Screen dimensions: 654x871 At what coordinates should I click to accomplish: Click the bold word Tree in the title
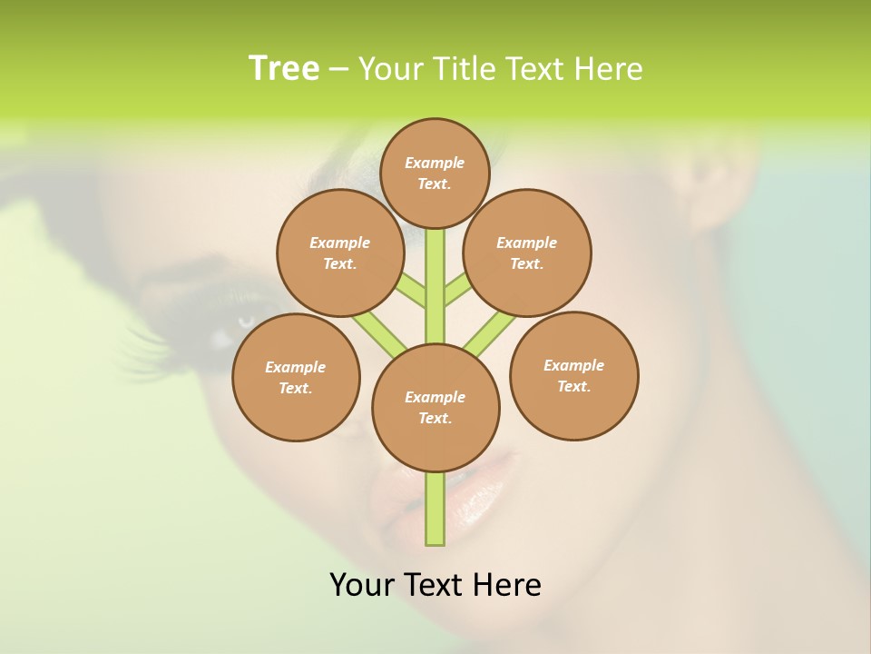point(284,69)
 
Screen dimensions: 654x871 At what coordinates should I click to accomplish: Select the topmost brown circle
point(435,173)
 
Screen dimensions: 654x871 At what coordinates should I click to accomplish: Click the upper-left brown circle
point(339,253)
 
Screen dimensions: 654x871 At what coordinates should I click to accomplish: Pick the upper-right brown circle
point(526,253)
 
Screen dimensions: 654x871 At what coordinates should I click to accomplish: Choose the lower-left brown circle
point(296,377)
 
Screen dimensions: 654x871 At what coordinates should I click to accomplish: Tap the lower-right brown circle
point(573,375)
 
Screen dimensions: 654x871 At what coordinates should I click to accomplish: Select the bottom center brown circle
point(435,407)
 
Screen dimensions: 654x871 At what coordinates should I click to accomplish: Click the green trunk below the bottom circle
point(435,509)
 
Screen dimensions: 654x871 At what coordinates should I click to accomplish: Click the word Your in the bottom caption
point(361,585)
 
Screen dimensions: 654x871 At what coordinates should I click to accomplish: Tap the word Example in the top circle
point(435,163)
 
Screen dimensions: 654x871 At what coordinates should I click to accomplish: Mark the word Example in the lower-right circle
point(573,365)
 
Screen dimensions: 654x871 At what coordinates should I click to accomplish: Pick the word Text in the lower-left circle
point(294,388)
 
